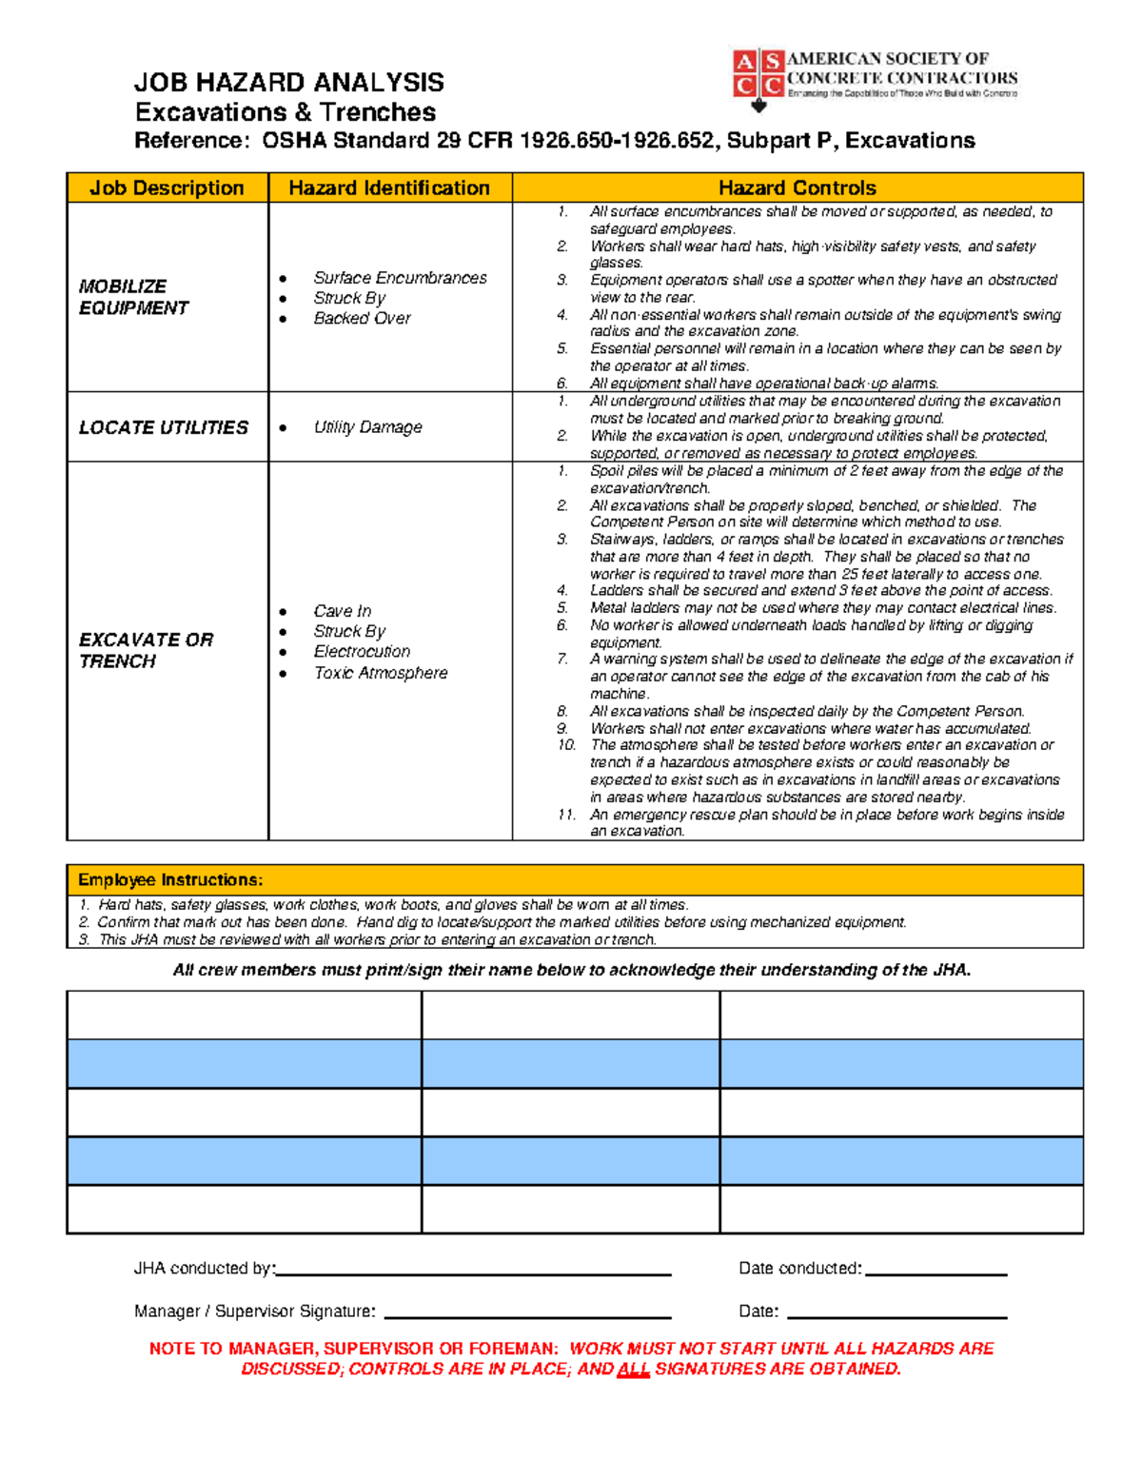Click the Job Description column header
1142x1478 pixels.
click(x=167, y=187)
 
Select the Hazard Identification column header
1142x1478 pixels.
click(x=389, y=187)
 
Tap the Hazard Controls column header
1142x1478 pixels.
click(x=797, y=187)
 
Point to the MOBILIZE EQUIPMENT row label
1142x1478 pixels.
click(x=133, y=297)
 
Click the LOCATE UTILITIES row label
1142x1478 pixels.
click(x=163, y=427)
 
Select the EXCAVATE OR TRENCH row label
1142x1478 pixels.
click(x=146, y=650)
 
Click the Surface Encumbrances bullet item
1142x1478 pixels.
click(x=400, y=278)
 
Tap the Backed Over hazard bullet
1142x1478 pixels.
click(x=362, y=318)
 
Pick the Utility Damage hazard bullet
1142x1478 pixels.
click(x=367, y=427)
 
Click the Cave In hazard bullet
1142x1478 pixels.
click(x=343, y=611)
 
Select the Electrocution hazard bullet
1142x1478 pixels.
click(x=362, y=651)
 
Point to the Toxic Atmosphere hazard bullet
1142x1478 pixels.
click(x=381, y=673)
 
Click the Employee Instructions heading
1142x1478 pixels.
click(x=170, y=880)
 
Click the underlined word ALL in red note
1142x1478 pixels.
click(x=634, y=1370)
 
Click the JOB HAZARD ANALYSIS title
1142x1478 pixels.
click(x=289, y=82)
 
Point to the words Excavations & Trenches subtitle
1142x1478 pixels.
click(x=285, y=112)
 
